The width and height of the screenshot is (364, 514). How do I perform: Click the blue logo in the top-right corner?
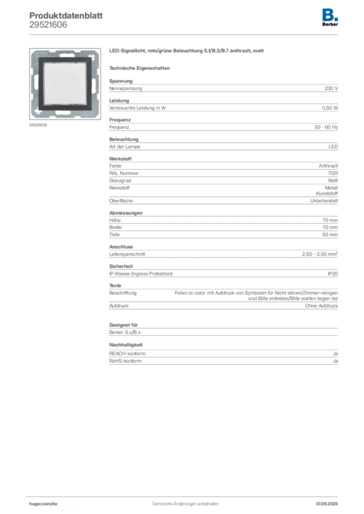click(x=331, y=14)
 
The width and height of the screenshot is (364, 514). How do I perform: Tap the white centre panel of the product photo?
click(x=66, y=83)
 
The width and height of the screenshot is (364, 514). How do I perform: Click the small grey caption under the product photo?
click(x=38, y=125)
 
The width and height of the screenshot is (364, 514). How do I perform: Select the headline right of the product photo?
click(x=187, y=52)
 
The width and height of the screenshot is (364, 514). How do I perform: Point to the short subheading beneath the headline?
click(x=141, y=68)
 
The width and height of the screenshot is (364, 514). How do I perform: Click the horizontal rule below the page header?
click(x=185, y=34)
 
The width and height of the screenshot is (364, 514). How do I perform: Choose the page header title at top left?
click(x=66, y=14)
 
